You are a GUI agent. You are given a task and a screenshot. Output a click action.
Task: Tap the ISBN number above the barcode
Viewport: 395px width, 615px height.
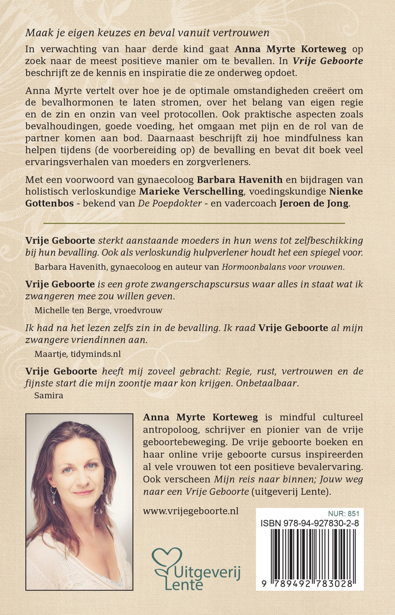click(310, 523)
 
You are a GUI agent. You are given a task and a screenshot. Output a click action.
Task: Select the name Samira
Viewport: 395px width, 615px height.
click(49, 395)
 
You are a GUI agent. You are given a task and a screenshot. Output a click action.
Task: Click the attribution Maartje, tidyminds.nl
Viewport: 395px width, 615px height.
click(78, 354)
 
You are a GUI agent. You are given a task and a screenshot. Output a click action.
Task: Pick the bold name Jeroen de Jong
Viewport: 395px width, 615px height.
click(314, 204)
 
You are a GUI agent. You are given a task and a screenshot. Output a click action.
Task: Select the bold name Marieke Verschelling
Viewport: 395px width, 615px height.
click(191, 191)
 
